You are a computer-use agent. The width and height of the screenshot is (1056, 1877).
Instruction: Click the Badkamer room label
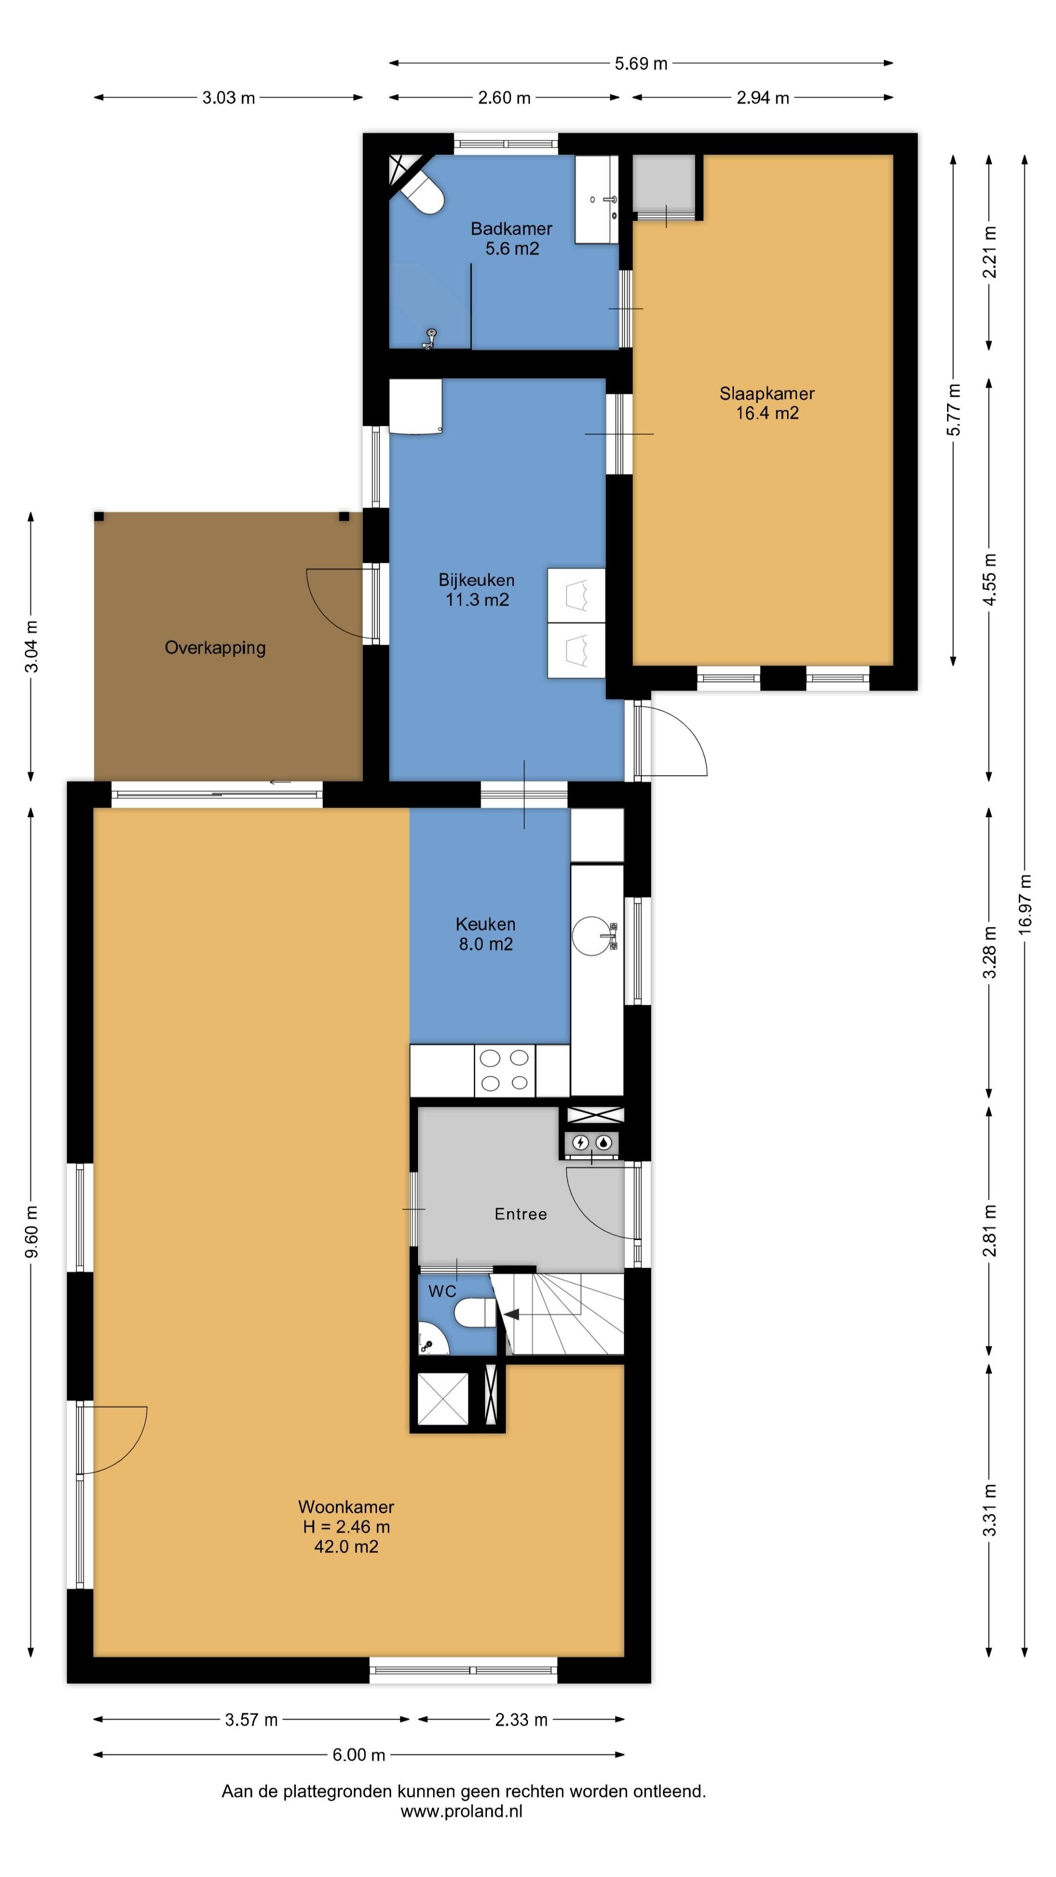[x=511, y=238]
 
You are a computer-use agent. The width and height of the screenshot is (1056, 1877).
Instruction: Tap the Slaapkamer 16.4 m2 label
[x=767, y=403]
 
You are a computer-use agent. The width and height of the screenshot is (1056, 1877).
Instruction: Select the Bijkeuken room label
[x=477, y=589]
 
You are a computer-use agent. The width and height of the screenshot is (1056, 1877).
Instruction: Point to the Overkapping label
[x=215, y=648]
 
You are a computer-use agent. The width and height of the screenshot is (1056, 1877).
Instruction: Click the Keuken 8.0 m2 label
[x=485, y=934]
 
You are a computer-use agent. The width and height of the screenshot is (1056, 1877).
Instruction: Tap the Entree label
[x=520, y=1213]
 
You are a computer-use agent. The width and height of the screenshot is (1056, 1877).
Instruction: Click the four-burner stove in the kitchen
[x=505, y=1070]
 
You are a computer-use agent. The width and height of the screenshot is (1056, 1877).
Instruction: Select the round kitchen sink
[x=591, y=936]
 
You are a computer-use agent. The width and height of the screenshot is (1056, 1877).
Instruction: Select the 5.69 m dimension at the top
[x=640, y=64]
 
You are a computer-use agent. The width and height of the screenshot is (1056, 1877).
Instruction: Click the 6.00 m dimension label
[x=358, y=1755]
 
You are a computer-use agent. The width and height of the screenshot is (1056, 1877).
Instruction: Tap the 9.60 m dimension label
[x=31, y=1231]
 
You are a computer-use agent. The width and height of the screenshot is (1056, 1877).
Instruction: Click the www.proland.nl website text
[x=462, y=1811]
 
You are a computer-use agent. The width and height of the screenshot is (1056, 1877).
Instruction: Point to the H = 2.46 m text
[x=346, y=1526]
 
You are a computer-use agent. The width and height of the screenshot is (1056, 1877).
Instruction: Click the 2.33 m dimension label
[x=521, y=1720]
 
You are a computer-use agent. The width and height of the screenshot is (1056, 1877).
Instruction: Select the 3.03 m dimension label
[x=228, y=98]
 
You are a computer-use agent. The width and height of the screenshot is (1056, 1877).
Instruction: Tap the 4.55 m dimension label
[x=990, y=579]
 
